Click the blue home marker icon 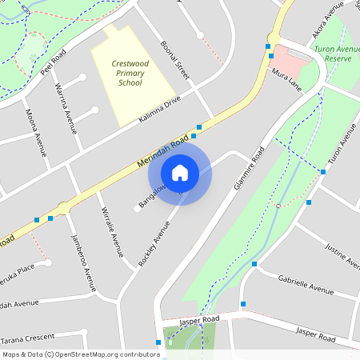pos(180,172)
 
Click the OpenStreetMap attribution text pos(80,354)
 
